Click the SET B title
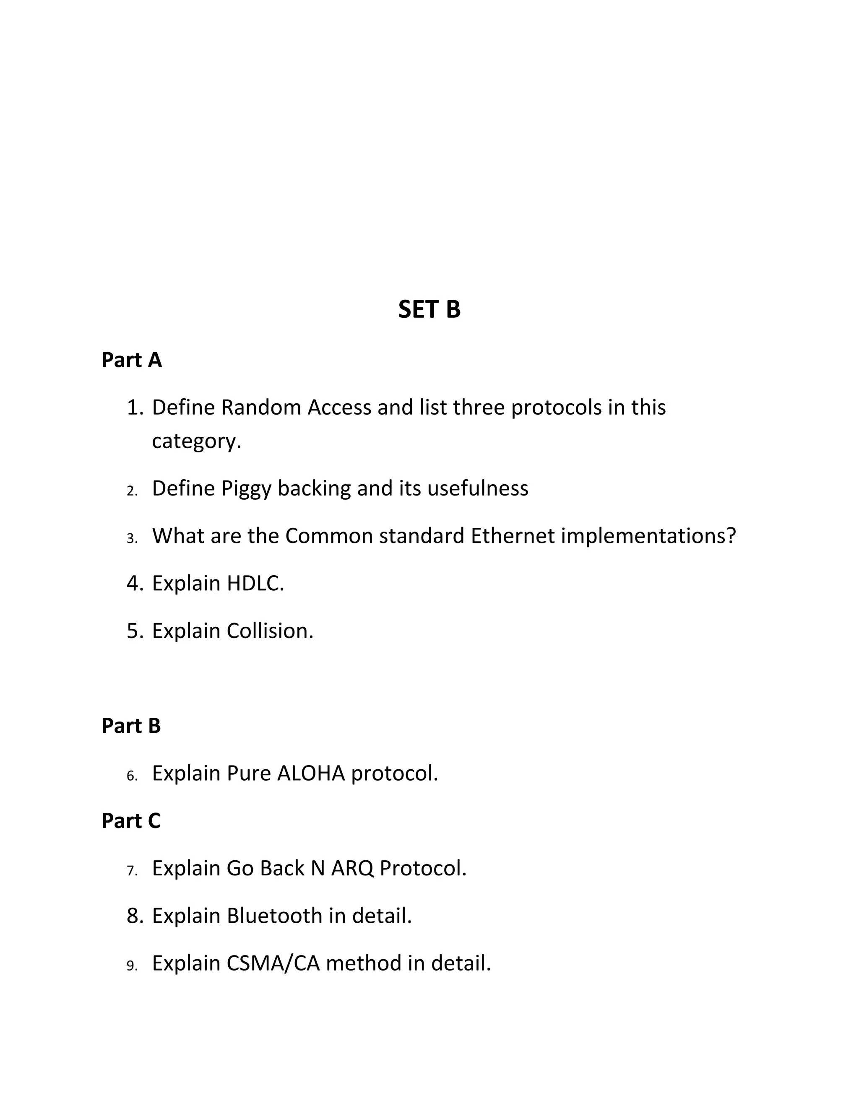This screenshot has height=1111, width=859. tap(429, 309)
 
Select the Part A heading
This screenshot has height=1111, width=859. tap(131, 360)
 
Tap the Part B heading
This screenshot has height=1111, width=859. tap(131, 726)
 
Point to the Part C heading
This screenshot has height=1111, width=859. tap(131, 820)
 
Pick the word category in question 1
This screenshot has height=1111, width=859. tap(196, 441)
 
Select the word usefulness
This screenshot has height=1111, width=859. tap(478, 488)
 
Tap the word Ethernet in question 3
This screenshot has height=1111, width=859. tap(513, 536)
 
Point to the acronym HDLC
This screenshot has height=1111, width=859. tap(255, 584)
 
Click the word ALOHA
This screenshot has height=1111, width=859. tap(311, 773)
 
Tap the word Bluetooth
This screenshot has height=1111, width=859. tap(275, 916)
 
